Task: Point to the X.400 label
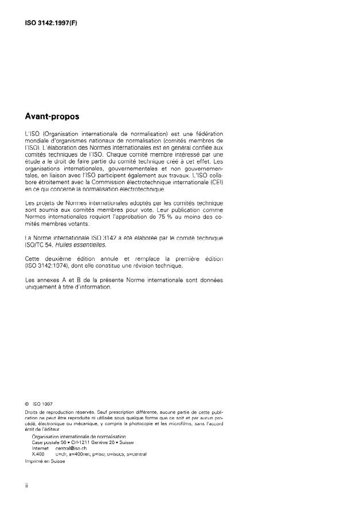[x=38, y=453]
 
